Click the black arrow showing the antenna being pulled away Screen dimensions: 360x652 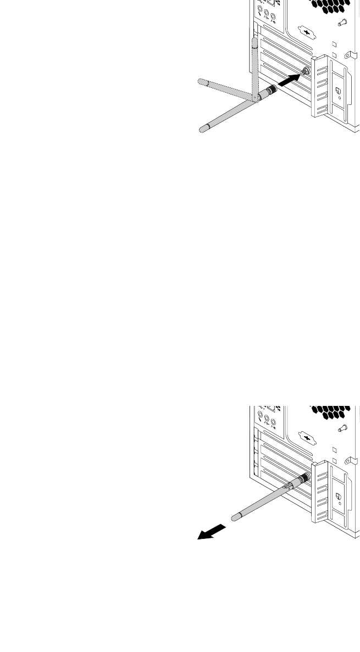(211, 532)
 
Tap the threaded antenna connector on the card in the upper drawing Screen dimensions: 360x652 (305, 71)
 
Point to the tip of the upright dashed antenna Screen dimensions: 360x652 (254, 42)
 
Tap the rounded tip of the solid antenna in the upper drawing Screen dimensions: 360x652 (202, 130)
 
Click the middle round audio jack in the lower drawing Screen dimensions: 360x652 (267, 422)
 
